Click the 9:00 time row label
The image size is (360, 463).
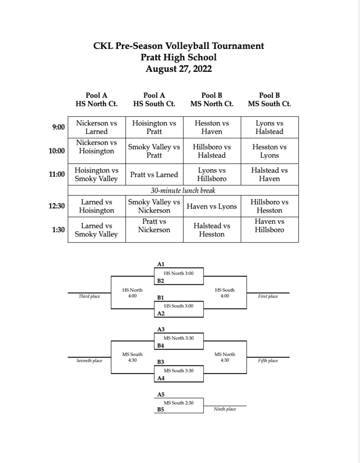58,127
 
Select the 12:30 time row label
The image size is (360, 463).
56,206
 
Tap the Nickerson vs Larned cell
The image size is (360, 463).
97,127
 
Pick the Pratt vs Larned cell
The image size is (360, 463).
154,175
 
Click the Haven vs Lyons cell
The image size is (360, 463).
211,206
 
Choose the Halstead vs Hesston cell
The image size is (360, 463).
211,230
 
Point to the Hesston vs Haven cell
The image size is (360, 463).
211,127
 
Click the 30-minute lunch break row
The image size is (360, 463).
183,190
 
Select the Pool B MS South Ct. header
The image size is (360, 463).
269,99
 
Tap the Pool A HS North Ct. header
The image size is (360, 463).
97,99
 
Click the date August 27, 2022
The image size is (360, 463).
178,69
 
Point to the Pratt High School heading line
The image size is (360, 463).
178,57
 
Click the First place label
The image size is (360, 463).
268,296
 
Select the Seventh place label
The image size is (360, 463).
89,360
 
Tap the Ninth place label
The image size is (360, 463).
225,409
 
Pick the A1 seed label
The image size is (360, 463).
160,264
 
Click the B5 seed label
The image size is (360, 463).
160,410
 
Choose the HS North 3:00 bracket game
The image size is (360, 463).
178,274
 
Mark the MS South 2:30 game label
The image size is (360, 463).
178,403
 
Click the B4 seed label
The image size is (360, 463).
160,345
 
